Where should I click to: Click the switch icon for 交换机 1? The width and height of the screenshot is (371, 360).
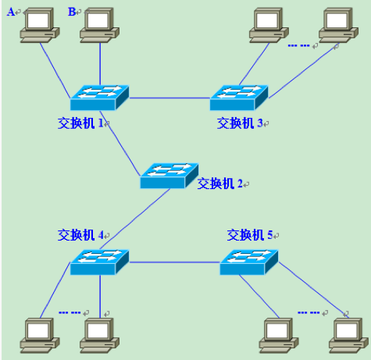98,97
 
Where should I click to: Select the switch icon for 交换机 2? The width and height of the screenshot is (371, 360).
169,175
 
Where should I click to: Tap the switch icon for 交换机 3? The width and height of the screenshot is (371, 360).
238,97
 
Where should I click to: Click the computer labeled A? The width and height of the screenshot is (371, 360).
36,25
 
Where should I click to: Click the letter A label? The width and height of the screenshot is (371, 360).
10,11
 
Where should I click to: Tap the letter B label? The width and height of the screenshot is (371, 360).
73,11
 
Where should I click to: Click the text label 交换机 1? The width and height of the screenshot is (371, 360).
81,123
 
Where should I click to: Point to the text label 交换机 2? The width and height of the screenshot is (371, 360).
221,184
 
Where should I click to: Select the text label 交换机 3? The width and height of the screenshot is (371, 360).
241,123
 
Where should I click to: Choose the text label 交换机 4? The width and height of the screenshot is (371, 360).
81,234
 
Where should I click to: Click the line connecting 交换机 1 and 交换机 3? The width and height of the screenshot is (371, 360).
168,98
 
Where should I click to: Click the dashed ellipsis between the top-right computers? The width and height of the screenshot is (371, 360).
298,46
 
